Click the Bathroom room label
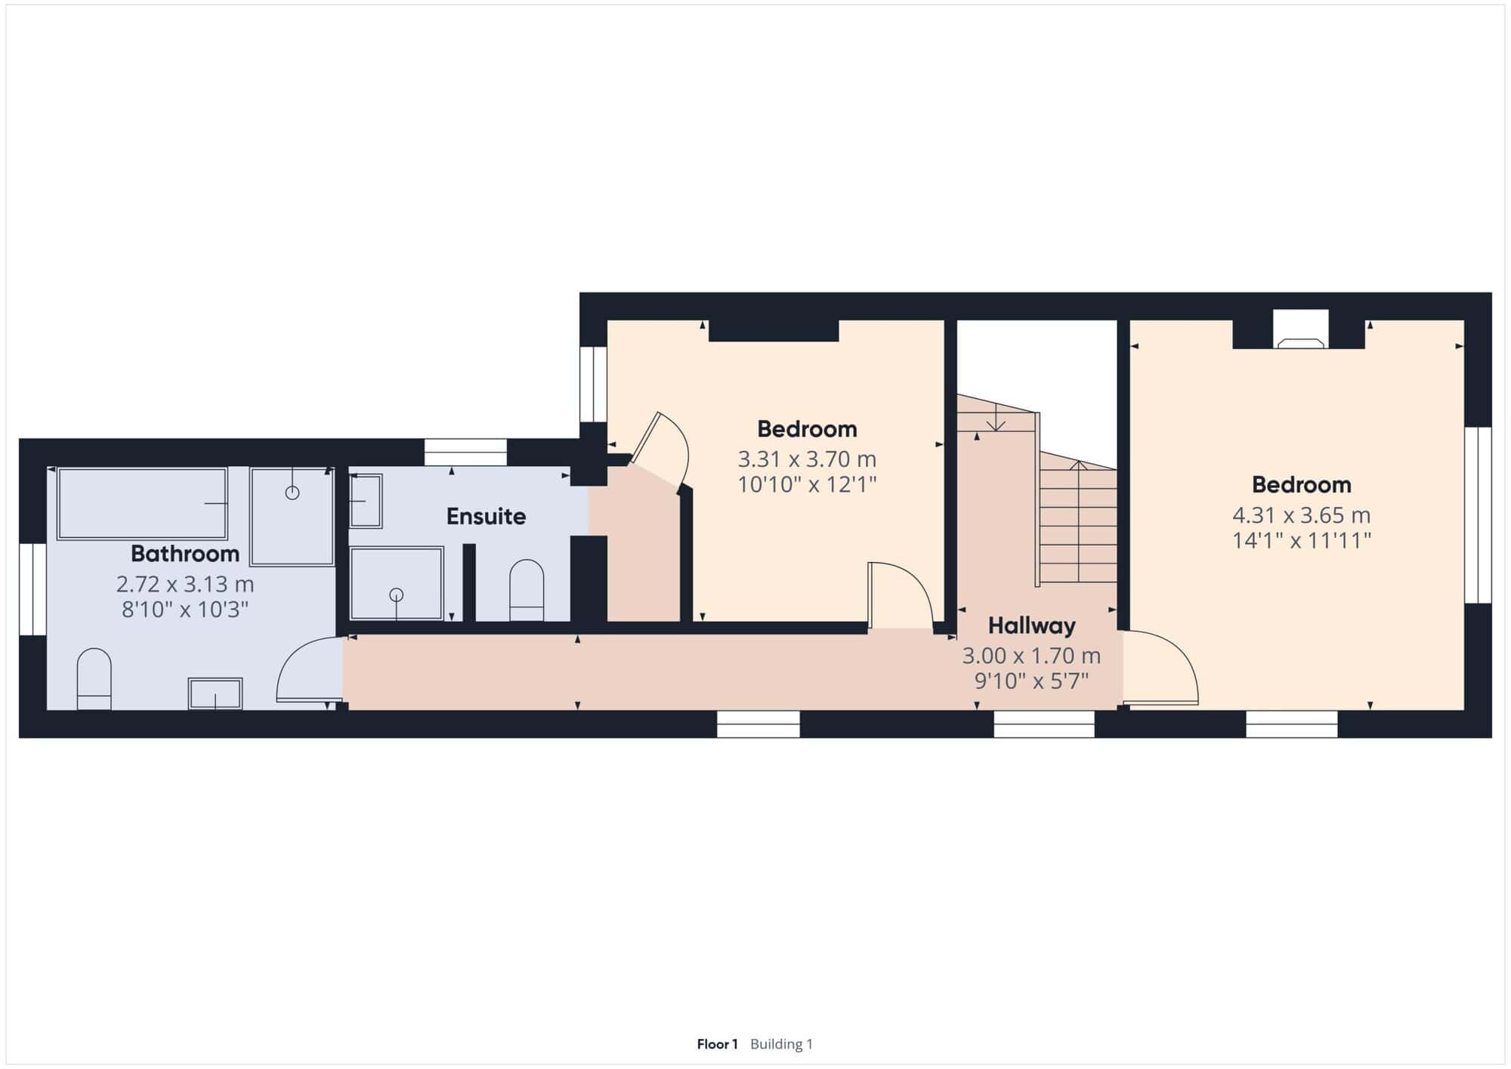(185, 554)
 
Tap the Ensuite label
(486, 517)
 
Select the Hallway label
(1031, 626)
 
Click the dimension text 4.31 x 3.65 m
(1301, 515)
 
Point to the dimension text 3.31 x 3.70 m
(807, 459)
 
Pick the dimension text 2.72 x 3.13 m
(185, 584)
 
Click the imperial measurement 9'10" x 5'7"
(1031, 681)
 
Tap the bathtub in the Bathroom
(142, 503)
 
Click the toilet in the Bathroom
(94, 678)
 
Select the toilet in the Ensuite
(527, 590)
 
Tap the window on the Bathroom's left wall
(32, 589)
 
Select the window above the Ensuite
(465, 453)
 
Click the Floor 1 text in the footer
(717, 1044)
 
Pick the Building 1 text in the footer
(781, 1044)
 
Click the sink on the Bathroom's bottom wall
(215, 694)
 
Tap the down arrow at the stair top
(996, 418)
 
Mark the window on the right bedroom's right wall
(1479, 515)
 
